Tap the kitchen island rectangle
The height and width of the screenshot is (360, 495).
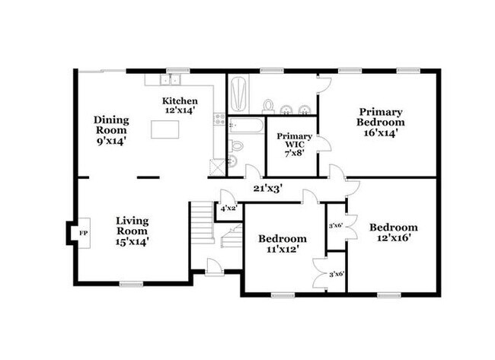pos(165,130)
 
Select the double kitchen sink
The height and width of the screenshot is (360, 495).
pos(173,79)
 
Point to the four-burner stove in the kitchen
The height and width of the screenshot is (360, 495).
pos(219,119)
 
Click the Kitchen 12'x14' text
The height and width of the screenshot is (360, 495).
pos(180,106)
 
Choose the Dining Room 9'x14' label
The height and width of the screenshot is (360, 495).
pos(111,129)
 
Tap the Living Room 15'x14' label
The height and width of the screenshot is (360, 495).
pos(132,231)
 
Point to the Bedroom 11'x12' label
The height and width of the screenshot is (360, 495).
pos(281,243)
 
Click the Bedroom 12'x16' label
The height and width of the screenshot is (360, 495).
pos(394,232)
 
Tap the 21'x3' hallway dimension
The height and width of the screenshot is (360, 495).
pos(268,187)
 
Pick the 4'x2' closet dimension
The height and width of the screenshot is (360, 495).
pos(228,208)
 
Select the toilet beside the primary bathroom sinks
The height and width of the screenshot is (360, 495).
pos(269,105)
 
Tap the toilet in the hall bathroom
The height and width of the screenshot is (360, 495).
pos(236,145)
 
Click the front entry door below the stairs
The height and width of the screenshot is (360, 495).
pos(215,267)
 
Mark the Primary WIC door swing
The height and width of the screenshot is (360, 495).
pos(324,145)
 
